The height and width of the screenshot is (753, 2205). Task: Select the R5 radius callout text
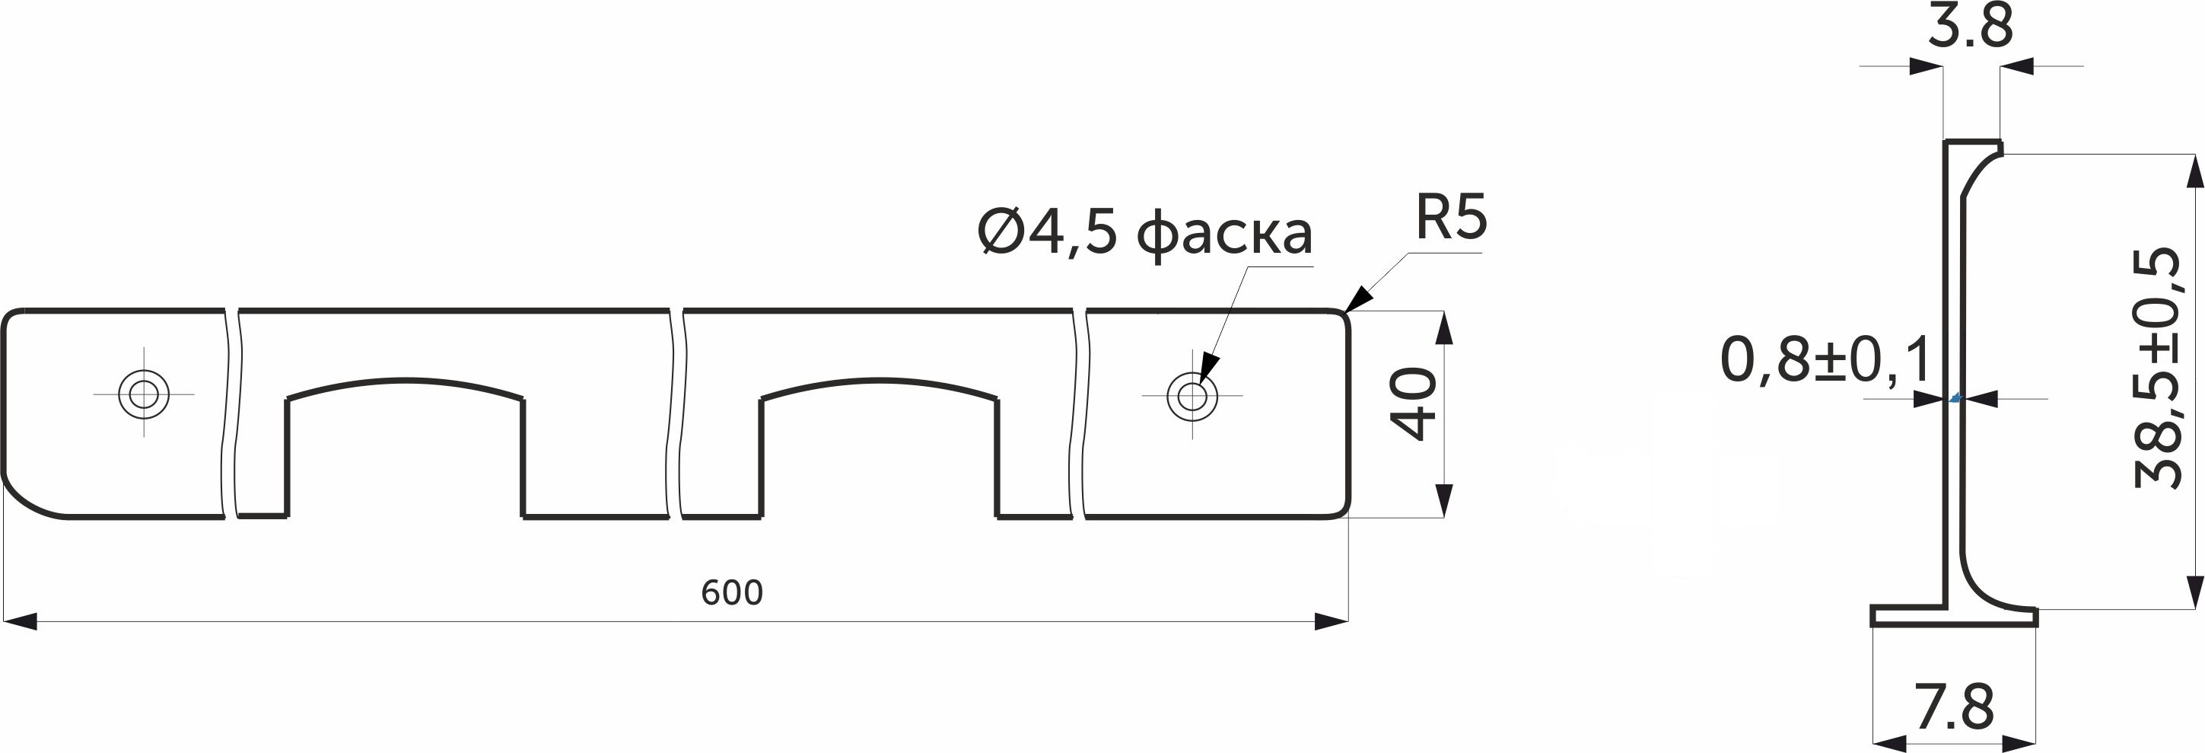1451,218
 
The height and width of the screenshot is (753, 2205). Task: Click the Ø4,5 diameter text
1046,233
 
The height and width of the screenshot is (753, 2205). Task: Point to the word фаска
1224,233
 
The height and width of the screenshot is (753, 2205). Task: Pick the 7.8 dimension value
1955,707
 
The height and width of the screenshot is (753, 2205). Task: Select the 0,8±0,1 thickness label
1826,360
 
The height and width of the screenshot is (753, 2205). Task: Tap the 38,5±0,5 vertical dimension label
2156,368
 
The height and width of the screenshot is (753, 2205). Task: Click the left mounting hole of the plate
144,394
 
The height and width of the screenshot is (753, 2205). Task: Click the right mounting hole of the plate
1192,396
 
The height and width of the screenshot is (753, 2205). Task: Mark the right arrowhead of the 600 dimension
1331,622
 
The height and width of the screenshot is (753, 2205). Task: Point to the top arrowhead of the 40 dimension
1443,327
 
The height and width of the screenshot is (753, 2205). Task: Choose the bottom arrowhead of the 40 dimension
1443,501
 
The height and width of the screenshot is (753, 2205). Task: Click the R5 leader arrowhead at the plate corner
1358,300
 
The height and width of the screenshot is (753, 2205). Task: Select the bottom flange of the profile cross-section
1954,616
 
